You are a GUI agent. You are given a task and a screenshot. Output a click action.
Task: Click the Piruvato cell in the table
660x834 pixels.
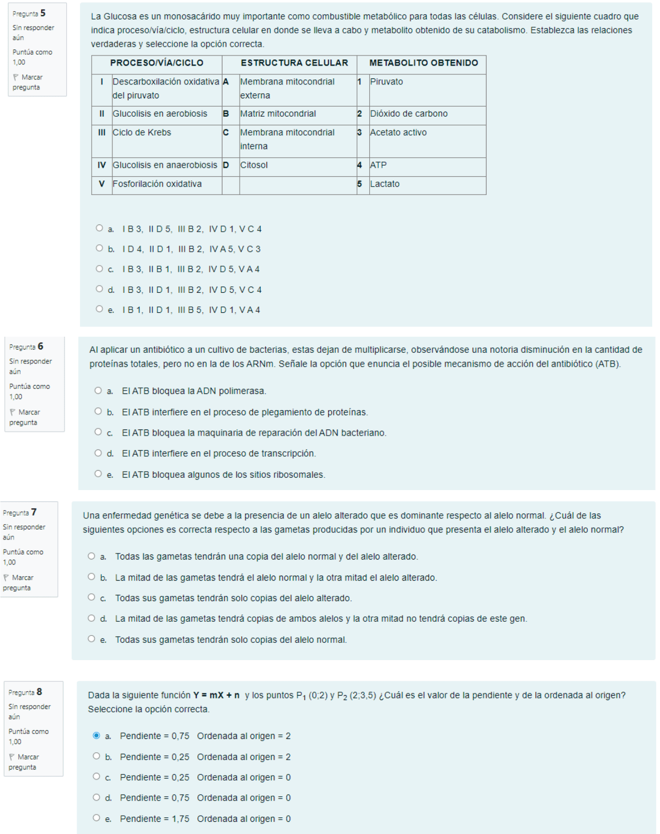click(x=386, y=82)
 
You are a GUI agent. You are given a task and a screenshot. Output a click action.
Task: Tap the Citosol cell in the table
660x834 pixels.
click(x=254, y=165)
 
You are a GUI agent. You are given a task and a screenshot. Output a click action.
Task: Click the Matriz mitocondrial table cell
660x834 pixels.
click(x=278, y=114)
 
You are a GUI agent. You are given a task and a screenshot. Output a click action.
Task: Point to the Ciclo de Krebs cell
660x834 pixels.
click(x=142, y=132)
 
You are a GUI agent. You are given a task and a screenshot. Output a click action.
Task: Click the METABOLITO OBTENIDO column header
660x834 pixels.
click(x=423, y=63)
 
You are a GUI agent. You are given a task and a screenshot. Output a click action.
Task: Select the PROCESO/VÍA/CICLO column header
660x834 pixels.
click(x=157, y=63)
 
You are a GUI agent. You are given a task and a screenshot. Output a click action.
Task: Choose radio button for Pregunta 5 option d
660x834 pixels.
click(x=100, y=289)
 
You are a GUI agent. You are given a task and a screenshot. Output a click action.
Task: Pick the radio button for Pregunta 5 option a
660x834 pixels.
click(x=100, y=228)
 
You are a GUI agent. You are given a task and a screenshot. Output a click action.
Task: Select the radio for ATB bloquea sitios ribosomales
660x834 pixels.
click(x=98, y=474)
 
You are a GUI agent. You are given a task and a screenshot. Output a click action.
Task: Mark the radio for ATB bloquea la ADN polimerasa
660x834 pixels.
click(x=98, y=391)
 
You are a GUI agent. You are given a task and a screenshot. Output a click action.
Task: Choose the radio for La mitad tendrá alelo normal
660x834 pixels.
click(x=92, y=577)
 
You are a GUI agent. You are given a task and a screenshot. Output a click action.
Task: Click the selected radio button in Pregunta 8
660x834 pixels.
click(x=97, y=736)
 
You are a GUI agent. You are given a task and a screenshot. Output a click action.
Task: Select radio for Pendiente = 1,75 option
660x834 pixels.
click(x=97, y=818)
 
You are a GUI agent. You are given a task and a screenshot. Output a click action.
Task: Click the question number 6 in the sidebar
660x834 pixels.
click(x=41, y=346)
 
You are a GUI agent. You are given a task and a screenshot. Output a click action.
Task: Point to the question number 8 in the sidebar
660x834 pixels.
click(x=39, y=692)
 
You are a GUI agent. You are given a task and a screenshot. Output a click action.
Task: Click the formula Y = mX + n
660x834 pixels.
click(x=216, y=695)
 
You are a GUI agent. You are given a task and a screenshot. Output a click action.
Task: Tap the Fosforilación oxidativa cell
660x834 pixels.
click(x=157, y=184)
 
